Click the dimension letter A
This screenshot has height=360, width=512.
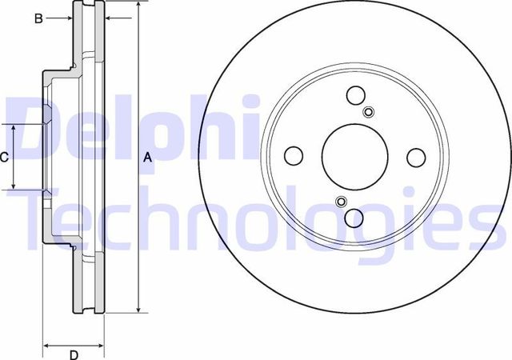[147, 158]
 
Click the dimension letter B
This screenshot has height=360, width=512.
[38, 18]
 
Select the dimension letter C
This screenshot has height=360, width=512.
[4, 158]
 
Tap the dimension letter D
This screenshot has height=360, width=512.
[73, 354]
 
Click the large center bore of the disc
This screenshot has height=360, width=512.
[354, 156]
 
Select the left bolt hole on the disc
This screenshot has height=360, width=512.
[293, 154]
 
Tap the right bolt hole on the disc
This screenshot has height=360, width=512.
[415, 157]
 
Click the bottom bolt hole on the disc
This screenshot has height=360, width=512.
[354, 217]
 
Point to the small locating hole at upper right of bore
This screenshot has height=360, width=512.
[368, 111]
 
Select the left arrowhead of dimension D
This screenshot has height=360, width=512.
[46, 346]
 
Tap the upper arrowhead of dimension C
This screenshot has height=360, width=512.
[14, 129]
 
